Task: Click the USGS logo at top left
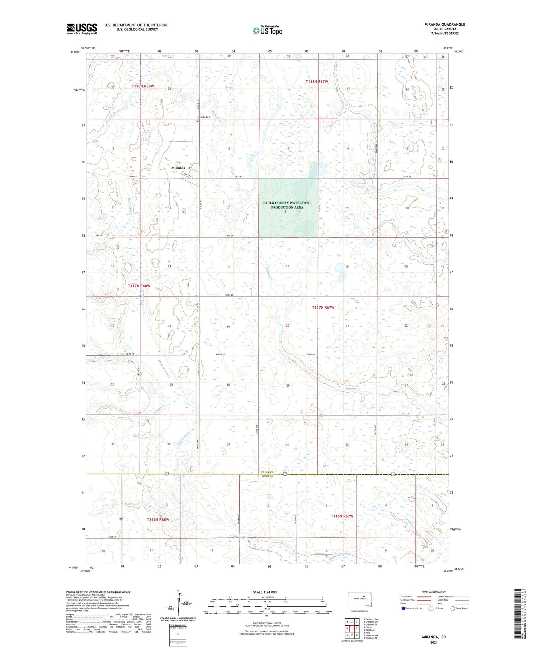click(82, 29)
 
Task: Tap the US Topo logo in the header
click(268, 30)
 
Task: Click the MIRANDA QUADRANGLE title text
click(445, 24)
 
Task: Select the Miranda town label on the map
click(178, 168)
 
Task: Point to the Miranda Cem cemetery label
click(203, 117)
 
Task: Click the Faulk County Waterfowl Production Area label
click(287, 205)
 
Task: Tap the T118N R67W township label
click(317, 82)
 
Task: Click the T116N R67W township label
click(342, 516)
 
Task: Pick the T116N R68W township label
click(157, 519)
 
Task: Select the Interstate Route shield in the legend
click(403, 608)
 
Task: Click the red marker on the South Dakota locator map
click(364, 597)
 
